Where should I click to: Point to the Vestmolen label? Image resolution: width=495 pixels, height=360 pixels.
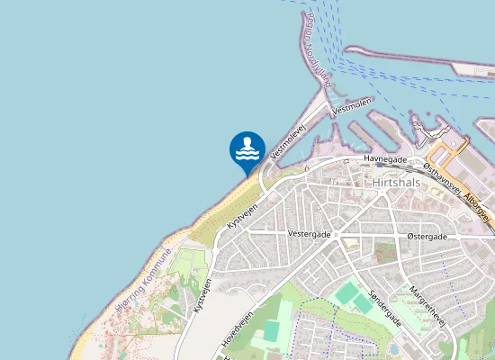tap(351, 106)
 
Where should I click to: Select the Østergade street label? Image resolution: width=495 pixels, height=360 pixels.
tap(427, 236)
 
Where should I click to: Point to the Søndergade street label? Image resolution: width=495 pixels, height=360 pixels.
tap(384, 309)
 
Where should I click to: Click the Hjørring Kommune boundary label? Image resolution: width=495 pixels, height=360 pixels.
tap(143, 280)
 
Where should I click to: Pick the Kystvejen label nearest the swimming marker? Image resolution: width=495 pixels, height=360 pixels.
tap(243, 214)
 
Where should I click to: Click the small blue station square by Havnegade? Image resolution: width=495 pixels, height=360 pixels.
tap(380, 166)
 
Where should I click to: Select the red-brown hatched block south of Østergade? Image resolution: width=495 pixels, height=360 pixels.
tap(385, 251)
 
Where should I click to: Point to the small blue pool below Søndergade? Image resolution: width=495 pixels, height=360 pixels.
tap(394, 349)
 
